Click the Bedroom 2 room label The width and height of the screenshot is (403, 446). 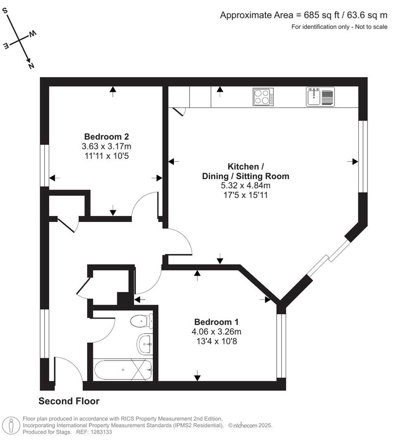coord(107,137)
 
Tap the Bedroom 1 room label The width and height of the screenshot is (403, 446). coord(216,322)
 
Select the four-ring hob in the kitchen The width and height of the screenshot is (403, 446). coord(263,97)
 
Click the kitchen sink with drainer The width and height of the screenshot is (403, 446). coord(320,97)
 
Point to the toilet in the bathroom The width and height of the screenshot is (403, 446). coord(142,321)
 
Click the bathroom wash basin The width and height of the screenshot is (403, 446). coord(145,344)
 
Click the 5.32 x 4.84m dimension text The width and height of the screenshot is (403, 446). coord(246,185)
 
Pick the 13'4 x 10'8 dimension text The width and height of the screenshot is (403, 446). coord(216,341)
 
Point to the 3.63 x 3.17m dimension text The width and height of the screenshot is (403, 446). coord(107,146)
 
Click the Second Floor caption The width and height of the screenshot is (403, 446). coord(69,401)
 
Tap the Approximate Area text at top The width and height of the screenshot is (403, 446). coord(303,15)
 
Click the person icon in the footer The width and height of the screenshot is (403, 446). coord(11,426)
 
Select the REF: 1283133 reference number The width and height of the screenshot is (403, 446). coord(94,432)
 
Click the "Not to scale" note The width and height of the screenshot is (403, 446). coord(371,27)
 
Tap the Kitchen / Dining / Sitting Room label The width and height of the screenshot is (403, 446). coord(246,171)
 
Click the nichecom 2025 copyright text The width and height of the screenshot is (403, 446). coord(250,425)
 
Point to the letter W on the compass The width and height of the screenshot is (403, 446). coord(33,34)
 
